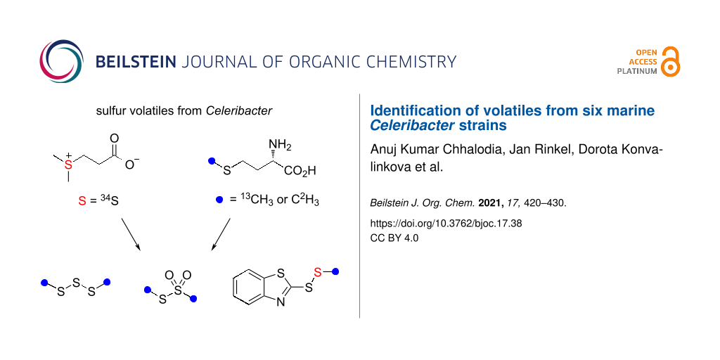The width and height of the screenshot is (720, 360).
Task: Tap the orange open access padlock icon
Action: [x=671, y=61]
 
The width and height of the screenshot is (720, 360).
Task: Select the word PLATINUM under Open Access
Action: [x=637, y=71]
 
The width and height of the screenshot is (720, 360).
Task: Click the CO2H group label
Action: [x=301, y=170]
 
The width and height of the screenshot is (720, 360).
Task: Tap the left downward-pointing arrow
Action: [x=130, y=234]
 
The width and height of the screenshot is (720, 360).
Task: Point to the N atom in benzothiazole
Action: [x=281, y=304]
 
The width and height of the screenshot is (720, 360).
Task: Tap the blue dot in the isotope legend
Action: [x=219, y=200]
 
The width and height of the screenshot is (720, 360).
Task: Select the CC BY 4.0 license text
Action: [x=394, y=238]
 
